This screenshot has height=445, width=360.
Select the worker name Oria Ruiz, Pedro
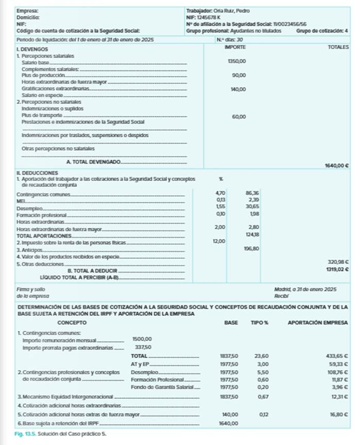(x=228, y=10)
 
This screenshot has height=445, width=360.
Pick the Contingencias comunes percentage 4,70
(x=220, y=192)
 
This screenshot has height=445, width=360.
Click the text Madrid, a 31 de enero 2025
(x=305, y=290)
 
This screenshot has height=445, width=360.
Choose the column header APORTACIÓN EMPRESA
(x=318, y=323)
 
